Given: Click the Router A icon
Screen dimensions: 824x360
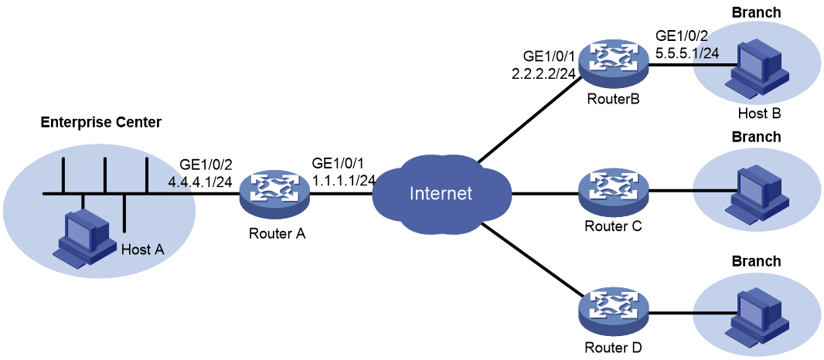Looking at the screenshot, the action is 274,194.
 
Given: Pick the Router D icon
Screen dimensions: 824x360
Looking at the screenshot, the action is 613,314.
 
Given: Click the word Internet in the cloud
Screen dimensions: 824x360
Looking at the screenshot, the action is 441,193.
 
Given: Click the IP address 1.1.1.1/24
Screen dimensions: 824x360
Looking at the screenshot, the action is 342,180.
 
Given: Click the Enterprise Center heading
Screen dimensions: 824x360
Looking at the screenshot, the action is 101,123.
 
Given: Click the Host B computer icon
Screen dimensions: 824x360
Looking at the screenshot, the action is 758,70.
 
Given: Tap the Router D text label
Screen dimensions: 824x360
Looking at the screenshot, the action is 613,347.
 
